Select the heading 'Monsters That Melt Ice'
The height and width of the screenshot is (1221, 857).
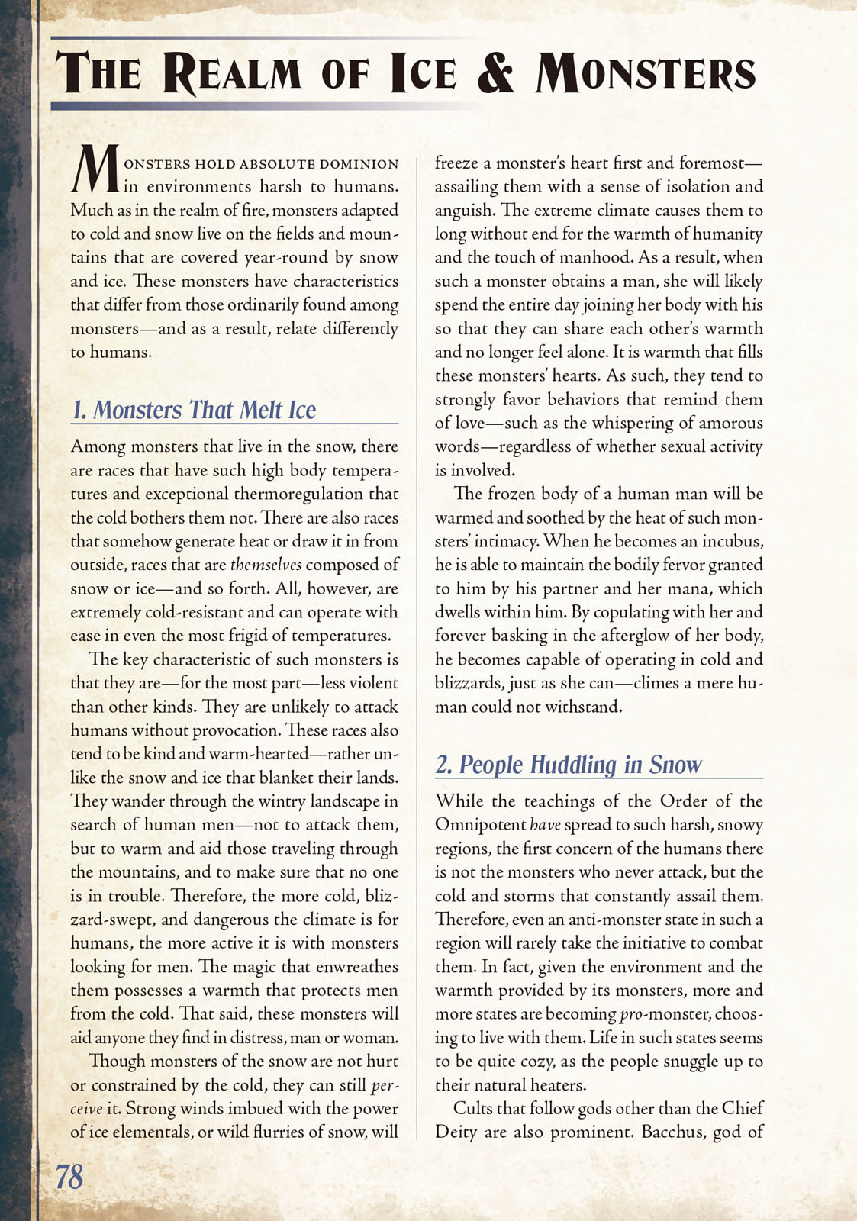(204, 410)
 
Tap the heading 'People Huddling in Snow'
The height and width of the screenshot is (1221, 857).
(580, 765)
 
